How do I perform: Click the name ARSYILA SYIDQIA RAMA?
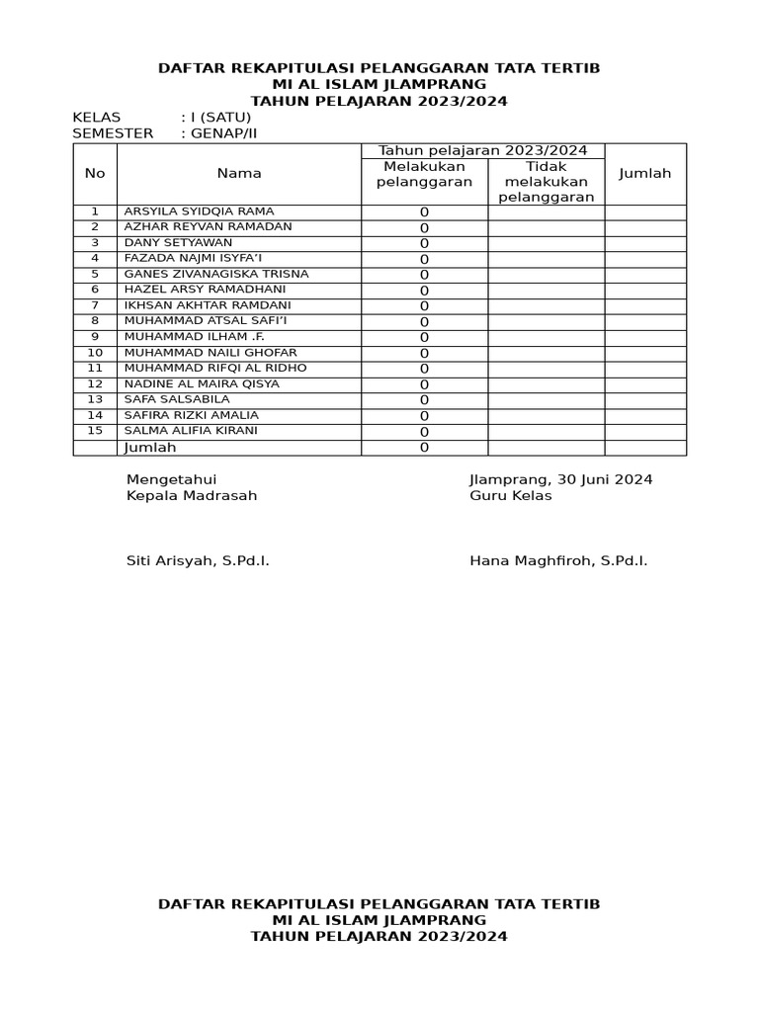(199, 211)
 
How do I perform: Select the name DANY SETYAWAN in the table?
(178, 242)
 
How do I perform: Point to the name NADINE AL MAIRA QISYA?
(202, 383)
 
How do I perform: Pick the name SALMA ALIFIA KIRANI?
(191, 431)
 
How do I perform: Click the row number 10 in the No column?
(95, 353)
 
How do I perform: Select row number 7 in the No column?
(95, 305)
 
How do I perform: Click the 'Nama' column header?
(239, 174)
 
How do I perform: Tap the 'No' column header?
(95, 174)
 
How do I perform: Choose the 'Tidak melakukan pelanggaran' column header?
(546, 182)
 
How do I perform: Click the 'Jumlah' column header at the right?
(644, 174)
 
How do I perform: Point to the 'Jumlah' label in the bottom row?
(149, 448)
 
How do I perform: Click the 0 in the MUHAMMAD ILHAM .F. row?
(424, 338)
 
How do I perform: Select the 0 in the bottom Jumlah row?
(424, 448)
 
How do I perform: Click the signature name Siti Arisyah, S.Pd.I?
(198, 561)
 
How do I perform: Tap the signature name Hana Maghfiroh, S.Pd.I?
(558, 561)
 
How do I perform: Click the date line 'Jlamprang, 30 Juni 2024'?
(560, 480)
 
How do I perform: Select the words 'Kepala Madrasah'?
(192, 496)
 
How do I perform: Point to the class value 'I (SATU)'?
(217, 118)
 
